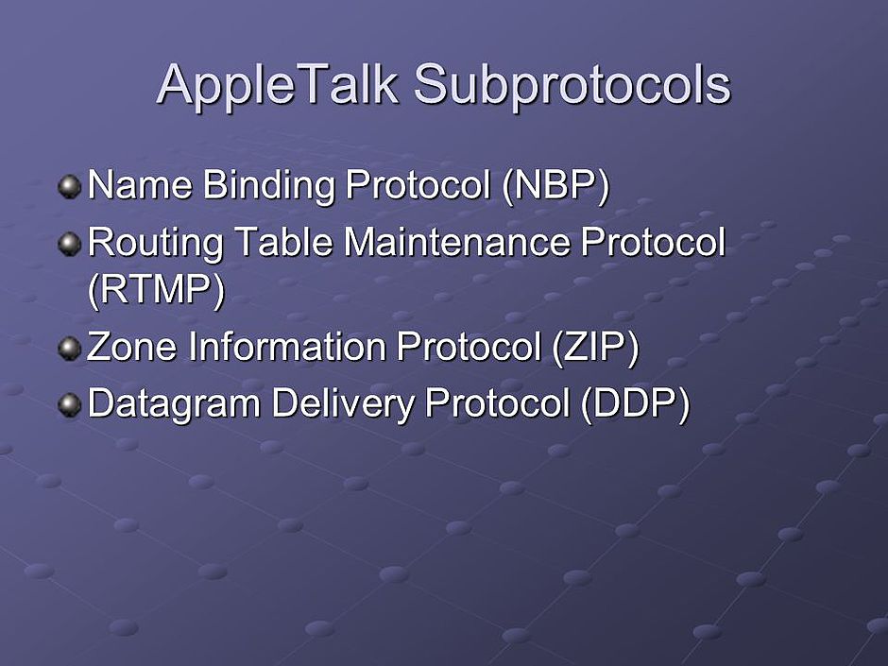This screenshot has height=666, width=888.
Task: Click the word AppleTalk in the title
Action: click(278, 85)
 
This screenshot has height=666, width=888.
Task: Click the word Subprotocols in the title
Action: click(572, 85)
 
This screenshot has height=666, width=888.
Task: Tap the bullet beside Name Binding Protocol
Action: click(70, 186)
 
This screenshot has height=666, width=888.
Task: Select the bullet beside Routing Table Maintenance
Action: click(70, 244)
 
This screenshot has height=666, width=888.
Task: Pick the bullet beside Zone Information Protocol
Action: click(70, 348)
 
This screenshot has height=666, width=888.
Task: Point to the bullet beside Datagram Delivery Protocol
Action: click(70, 404)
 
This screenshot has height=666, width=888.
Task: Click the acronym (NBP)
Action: click(555, 186)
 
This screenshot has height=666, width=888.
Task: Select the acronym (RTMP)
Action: click(156, 290)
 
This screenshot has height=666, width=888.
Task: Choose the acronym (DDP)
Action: click(635, 403)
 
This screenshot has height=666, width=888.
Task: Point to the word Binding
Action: click(269, 187)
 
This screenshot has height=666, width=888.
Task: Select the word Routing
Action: click(156, 245)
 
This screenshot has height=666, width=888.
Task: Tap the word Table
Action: click(283, 242)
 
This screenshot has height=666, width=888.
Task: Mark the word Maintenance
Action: click(456, 242)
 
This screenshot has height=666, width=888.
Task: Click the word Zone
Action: click(132, 347)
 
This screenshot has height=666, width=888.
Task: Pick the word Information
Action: click(287, 346)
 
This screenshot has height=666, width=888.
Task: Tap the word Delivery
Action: click(343, 405)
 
